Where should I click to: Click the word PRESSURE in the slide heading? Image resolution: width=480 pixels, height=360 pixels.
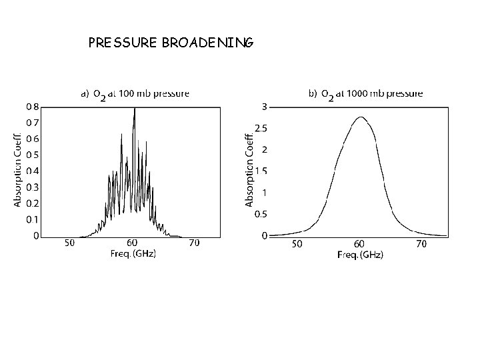click(x=121, y=43)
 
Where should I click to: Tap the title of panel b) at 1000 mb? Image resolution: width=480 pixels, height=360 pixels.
click(x=365, y=95)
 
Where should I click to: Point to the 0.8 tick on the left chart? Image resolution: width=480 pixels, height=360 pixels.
click(x=32, y=106)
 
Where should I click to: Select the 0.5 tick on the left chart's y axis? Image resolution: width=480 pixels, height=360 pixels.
click(x=32, y=155)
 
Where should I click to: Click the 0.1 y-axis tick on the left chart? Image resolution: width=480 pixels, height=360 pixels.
click(x=32, y=219)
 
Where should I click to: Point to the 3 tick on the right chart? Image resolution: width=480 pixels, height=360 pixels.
click(x=265, y=107)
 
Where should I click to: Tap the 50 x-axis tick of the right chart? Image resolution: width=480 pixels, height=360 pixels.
click(x=297, y=245)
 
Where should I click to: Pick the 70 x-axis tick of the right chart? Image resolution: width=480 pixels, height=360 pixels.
click(x=421, y=245)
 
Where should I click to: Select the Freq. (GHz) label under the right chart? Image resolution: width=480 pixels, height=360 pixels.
click(x=360, y=255)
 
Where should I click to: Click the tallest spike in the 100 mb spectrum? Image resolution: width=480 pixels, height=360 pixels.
click(x=135, y=109)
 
